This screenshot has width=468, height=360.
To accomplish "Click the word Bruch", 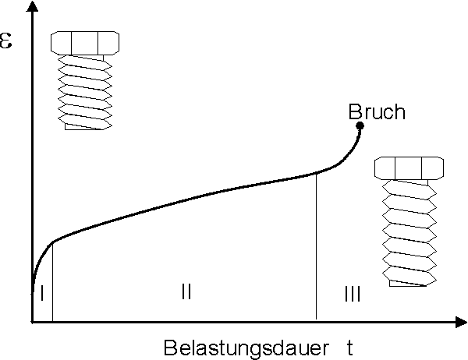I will (377, 111).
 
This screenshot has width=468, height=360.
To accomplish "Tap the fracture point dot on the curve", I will (360, 125).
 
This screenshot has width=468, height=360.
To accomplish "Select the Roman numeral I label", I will (41, 292).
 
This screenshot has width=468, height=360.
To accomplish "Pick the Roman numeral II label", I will (186, 292).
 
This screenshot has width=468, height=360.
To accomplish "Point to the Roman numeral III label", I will (353, 294).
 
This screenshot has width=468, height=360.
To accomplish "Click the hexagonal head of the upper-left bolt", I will (84, 42).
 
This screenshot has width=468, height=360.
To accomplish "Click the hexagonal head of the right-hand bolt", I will (409, 168).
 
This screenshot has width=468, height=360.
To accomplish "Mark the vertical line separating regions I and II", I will (52, 284).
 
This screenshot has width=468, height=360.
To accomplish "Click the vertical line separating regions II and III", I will (316, 249).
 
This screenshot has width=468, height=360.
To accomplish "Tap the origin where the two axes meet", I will (32, 321).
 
